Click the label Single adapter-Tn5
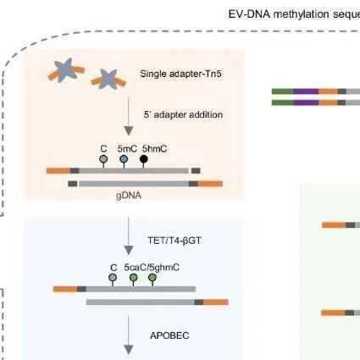click(x=180, y=74)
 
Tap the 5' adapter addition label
click(x=183, y=114)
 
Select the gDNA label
click(x=129, y=196)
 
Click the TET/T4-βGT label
click(x=174, y=241)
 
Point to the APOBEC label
click(x=169, y=335)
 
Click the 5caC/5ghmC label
click(x=152, y=268)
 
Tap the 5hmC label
click(x=154, y=149)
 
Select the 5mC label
click(x=127, y=149)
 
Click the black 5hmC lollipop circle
click(x=144, y=159)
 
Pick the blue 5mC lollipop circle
click(x=124, y=159)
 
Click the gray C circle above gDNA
click(x=103, y=159)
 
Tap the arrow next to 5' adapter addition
click(x=129, y=116)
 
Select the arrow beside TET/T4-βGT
click(x=129, y=235)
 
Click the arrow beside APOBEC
click(x=129, y=335)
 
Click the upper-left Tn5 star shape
click(x=66, y=69)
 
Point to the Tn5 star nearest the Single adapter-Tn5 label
click(x=108, y=79)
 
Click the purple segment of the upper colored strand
click(x=306, y=91)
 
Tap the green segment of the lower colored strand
click(x=283, y=102)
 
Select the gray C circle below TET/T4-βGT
click(x=113, y=278)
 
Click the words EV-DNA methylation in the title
click(x=279, y=14)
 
